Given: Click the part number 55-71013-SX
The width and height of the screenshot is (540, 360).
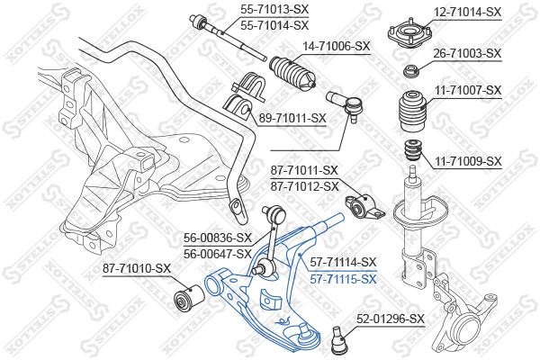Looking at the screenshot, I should click(274, 8).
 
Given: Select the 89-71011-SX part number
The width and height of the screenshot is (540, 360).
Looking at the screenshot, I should click(292, 117).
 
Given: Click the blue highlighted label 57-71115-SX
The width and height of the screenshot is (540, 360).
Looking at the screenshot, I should click(343, 279).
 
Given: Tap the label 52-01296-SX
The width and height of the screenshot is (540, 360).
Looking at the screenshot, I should click(390, 318).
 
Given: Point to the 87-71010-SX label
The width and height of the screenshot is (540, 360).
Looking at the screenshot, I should click(136, 267).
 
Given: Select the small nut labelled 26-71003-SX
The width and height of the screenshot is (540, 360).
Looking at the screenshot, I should click(411, 70).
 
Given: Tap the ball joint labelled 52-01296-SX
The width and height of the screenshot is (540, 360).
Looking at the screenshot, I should click(339, 339).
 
